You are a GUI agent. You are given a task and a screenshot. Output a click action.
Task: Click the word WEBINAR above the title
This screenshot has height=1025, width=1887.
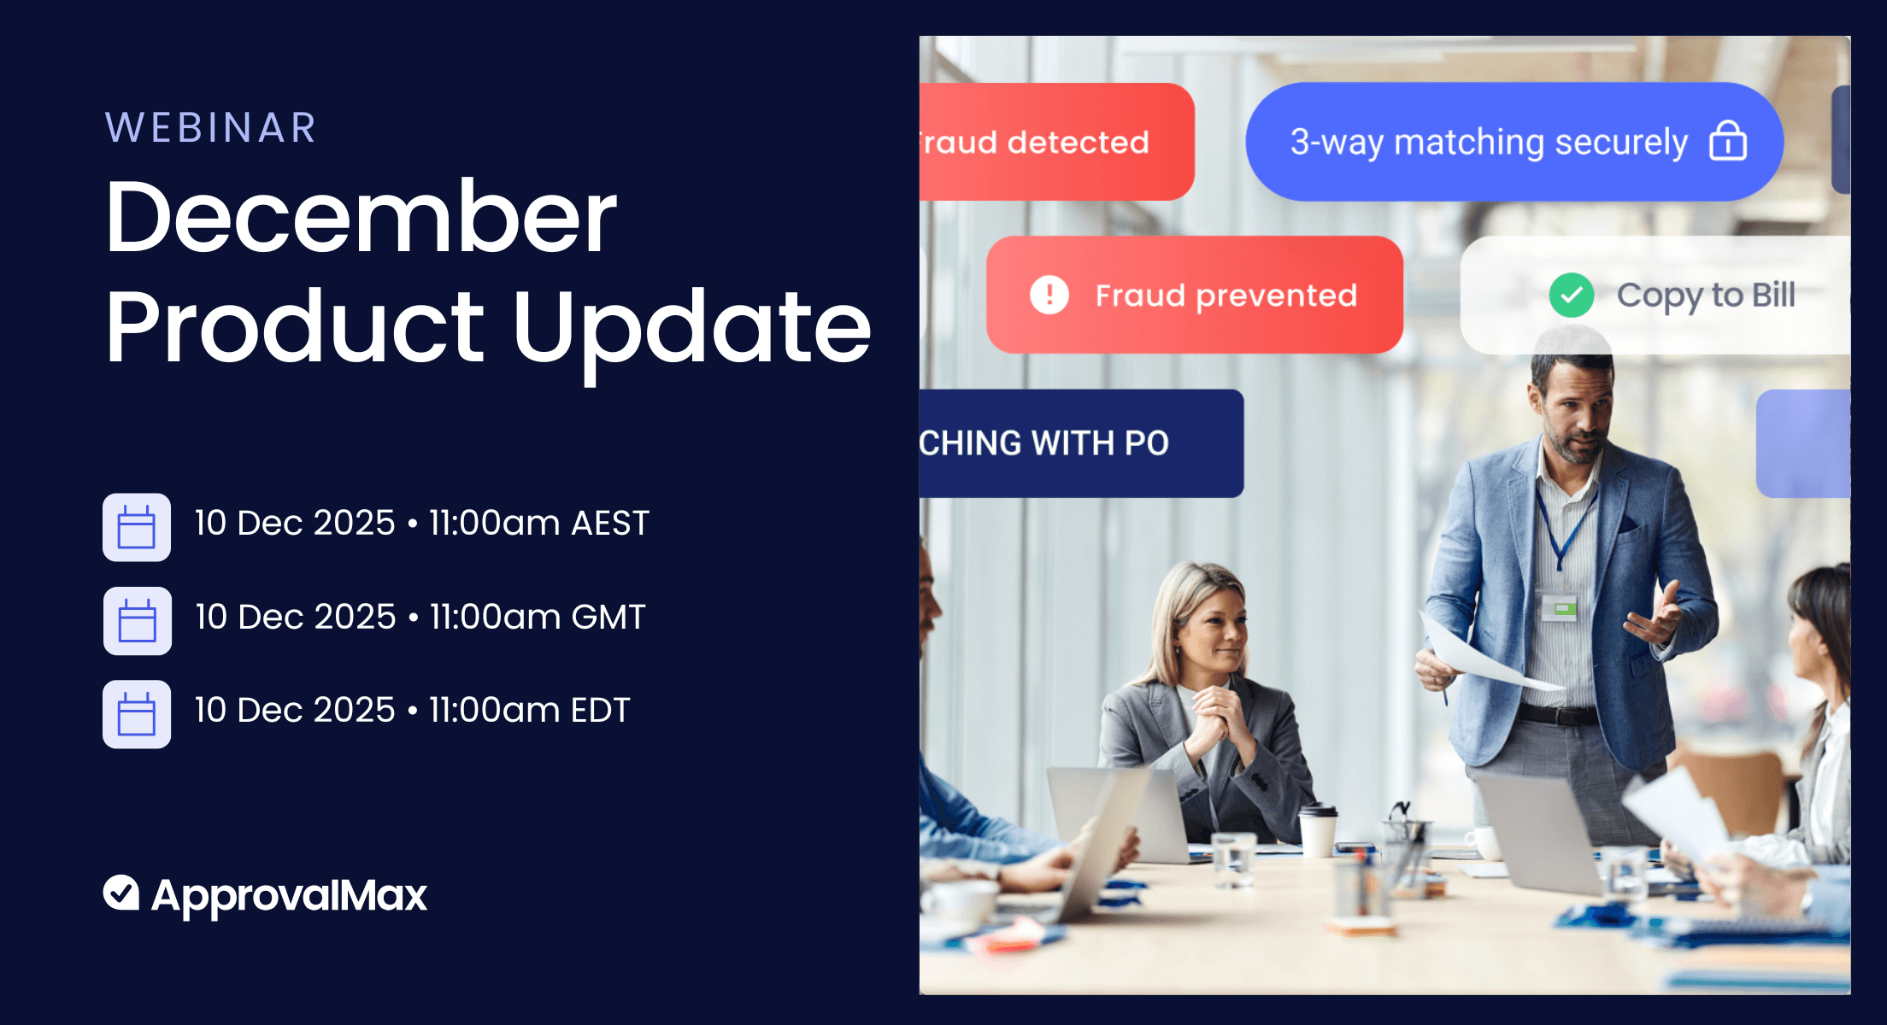click(210, 128)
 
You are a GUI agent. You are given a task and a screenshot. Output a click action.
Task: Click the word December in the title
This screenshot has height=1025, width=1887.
click(360, 218)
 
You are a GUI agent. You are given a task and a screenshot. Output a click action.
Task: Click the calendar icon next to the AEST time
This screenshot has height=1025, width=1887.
click(137, 527)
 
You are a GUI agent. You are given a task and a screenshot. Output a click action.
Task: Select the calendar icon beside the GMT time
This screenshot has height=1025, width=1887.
click(137, 621)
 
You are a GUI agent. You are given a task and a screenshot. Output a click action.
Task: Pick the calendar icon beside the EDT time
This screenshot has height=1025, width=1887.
click(137, 714)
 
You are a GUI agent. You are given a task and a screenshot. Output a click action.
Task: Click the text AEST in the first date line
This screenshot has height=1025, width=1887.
click(610, 523)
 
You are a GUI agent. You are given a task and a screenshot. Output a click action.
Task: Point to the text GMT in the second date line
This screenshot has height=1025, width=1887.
click(608, 617)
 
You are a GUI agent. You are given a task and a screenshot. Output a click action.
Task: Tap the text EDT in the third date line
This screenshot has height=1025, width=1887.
click(600, 710)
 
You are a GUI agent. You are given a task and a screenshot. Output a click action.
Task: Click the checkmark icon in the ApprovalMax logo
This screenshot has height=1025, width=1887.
click(121, 893)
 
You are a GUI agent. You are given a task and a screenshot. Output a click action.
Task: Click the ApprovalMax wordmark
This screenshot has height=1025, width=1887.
click(289, 895)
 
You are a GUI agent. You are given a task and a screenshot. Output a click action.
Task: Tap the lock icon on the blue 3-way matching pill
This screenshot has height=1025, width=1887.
click(1727, 141)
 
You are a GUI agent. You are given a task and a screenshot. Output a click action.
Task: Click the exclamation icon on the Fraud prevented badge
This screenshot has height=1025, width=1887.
click(1049, 295)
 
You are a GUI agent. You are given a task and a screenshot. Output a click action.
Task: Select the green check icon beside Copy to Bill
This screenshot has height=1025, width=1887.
click(1571, 295)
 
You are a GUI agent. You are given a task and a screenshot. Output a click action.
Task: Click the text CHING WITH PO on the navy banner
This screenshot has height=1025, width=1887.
click(1044, 443)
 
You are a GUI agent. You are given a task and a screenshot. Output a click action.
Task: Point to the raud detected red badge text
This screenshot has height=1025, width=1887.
click(1036, 142)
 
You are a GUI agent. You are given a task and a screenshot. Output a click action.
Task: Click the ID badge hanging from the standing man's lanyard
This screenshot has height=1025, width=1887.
click(1560, 608)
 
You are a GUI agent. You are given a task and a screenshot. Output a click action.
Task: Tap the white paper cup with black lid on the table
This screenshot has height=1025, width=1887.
click(1317, 829)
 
